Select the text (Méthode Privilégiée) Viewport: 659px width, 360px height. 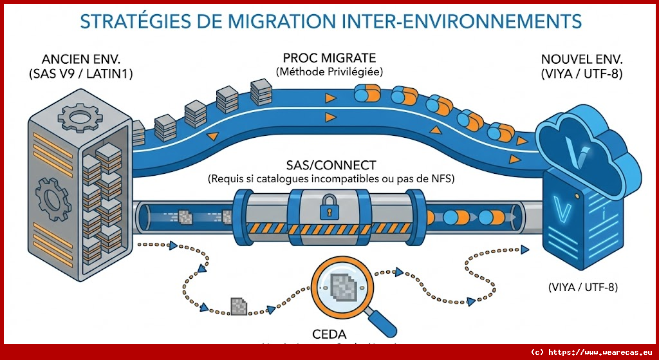329,71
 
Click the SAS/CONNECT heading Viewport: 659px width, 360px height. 329,165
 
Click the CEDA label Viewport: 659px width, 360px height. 329,334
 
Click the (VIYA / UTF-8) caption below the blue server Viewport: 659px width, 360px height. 583,287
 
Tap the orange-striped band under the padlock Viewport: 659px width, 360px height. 329,229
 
